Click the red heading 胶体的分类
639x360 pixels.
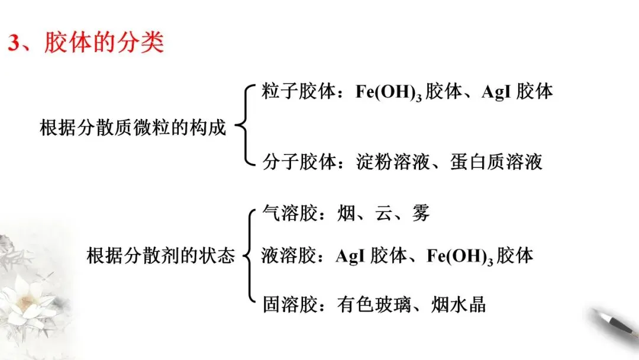104,43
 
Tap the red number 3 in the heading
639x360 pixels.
14,44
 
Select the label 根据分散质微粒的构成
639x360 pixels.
133,127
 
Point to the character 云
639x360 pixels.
384,213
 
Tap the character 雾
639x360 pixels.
421,213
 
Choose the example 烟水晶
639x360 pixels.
464,304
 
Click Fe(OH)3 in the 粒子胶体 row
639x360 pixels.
390,92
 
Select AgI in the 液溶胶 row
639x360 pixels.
349,256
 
